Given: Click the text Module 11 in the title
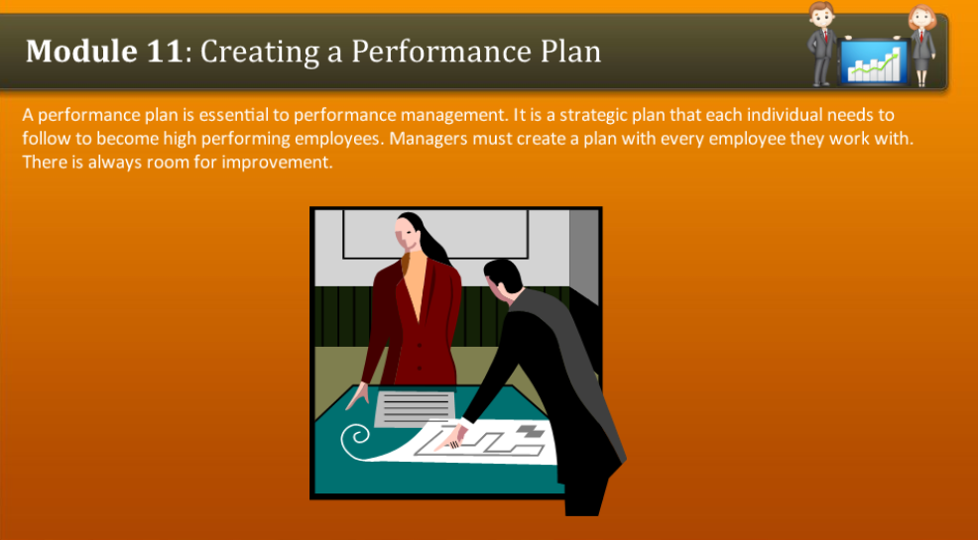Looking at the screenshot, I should click(x=104, y=51).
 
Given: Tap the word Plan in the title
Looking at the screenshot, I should click(x=568, y=51).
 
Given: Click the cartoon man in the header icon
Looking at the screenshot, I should click(x=821, y=42).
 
